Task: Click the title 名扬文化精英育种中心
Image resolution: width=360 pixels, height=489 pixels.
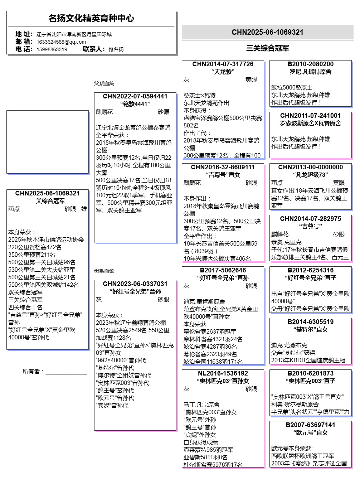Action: (91, 18)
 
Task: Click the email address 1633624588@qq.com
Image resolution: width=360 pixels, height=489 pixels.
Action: (61, 42)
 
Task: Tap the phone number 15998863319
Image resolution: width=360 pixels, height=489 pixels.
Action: (52, 49)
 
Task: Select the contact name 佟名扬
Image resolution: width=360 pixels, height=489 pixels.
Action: (116, 49)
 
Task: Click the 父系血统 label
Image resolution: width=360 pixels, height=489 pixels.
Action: (104, 83)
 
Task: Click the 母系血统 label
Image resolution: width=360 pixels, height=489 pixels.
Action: (104, 271)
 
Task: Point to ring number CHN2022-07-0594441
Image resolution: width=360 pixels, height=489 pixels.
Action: (135, 96)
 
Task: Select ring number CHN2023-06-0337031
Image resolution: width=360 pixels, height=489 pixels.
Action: (135, 284)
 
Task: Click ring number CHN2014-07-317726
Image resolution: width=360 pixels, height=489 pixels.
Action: (223, 64)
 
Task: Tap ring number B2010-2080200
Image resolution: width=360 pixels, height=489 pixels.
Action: (310, 64)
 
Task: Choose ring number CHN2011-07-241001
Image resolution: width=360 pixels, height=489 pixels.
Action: (310, 116)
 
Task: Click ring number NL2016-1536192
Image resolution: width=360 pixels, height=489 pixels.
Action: (223, 373)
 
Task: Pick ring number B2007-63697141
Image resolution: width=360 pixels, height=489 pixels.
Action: (310, 425)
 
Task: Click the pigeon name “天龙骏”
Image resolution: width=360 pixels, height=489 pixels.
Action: (223, 72)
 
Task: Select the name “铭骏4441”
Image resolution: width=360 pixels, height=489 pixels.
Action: (135, 104)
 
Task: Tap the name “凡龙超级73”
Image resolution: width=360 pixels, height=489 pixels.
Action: (310, 175)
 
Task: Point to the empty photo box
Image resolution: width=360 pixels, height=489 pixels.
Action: (48, 142)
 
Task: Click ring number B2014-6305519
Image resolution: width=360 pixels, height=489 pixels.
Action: (310, 322)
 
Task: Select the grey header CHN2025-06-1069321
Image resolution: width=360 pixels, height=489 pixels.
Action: (267, 32)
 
